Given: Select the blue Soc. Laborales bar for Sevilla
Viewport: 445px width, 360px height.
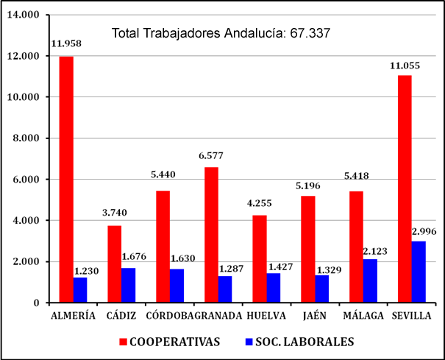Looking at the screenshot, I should (x=418, y=272).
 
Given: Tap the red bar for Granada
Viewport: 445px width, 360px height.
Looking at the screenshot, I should (x=211, y=235).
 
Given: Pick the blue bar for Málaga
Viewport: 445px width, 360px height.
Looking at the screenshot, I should (x=370, y=280).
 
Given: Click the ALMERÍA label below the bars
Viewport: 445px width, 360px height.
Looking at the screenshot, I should (x=74, y=315).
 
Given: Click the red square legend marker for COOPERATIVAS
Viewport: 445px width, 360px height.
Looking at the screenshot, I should (x=125, y=341).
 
